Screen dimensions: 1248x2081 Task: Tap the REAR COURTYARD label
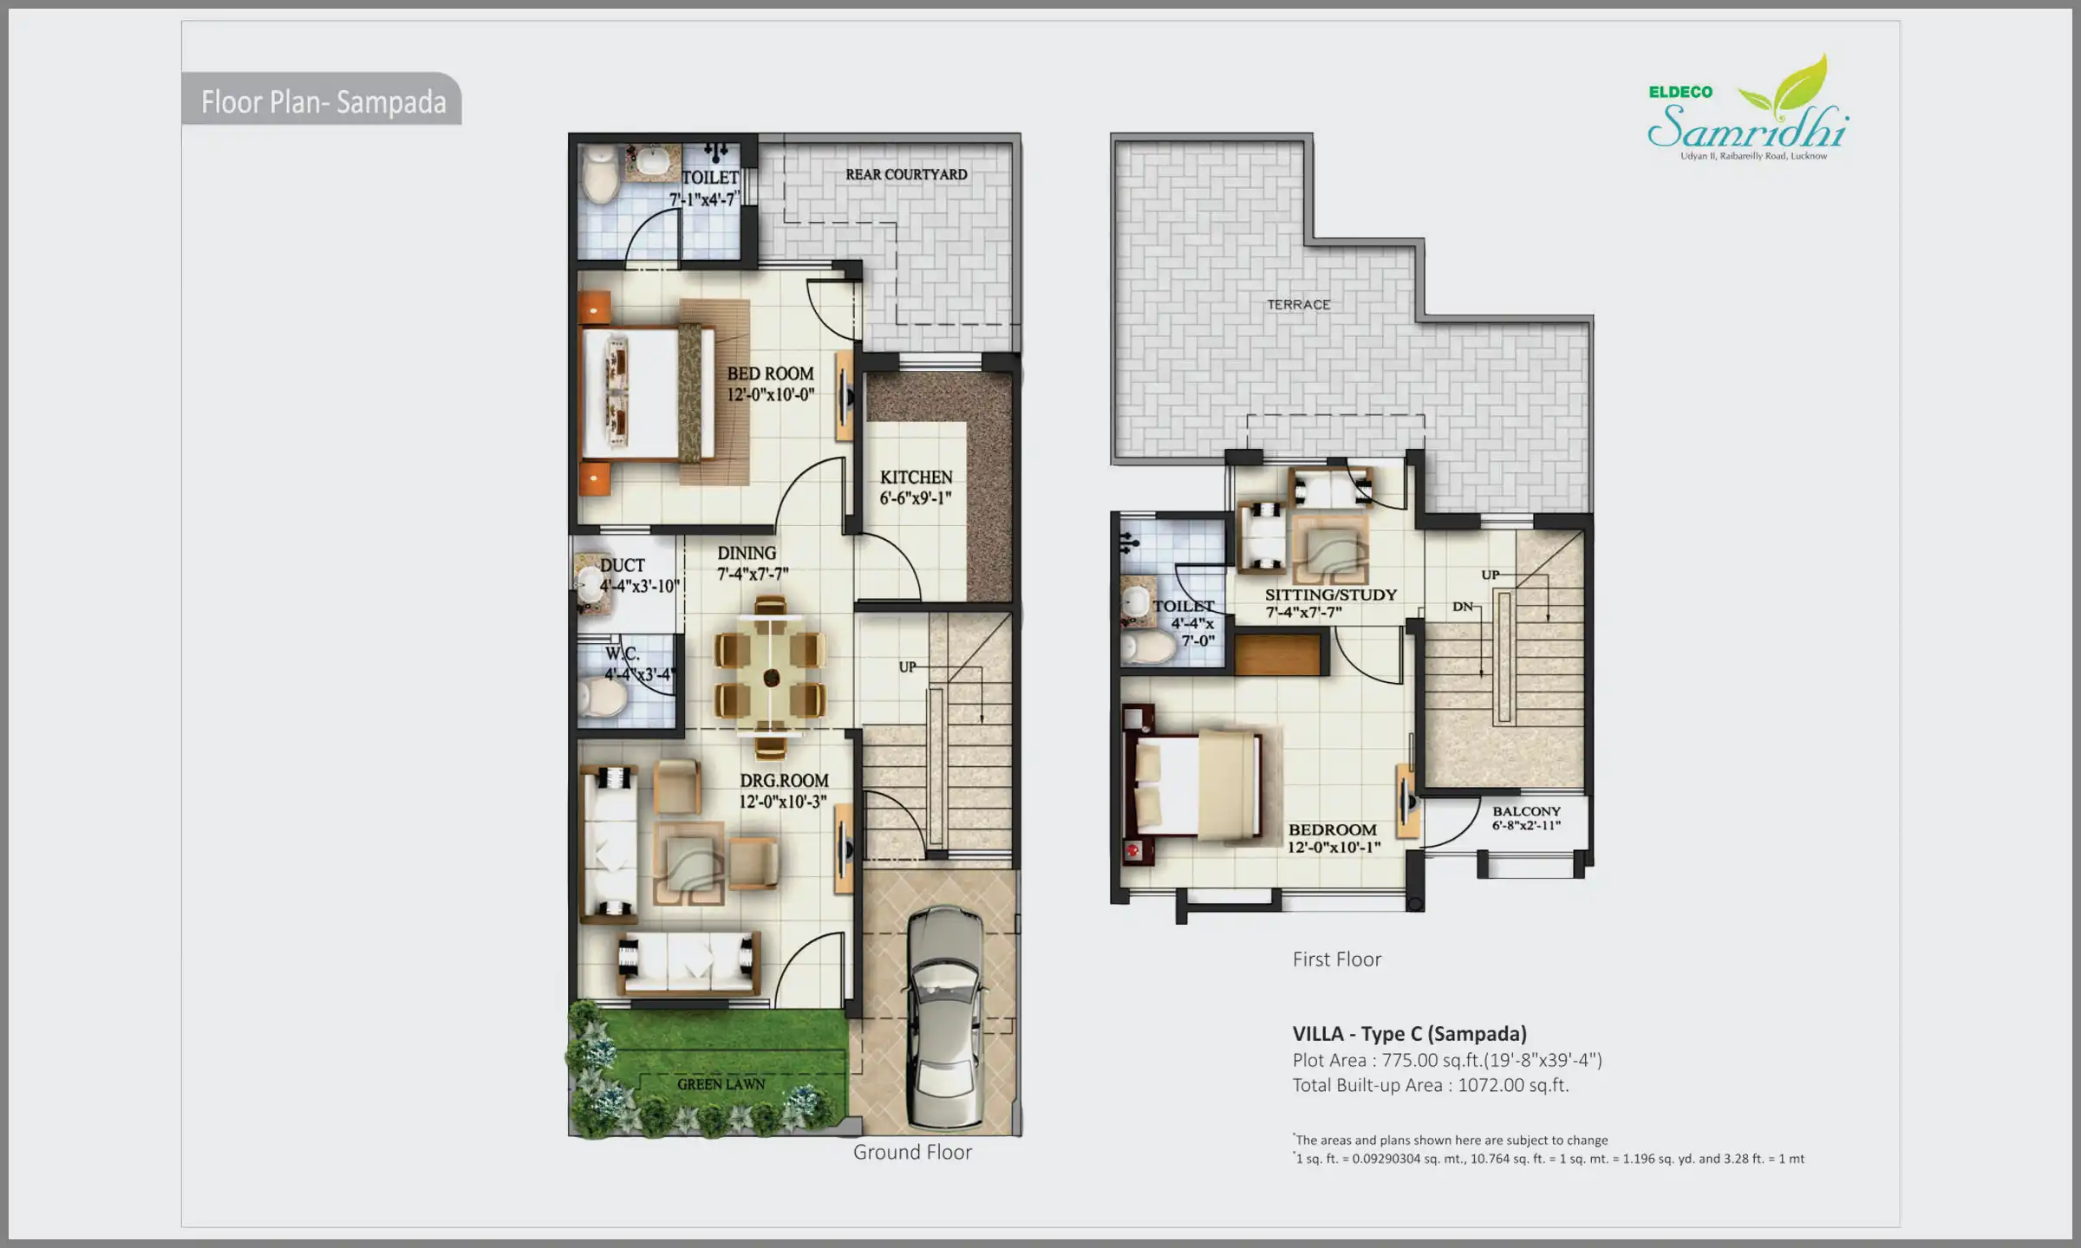(x=906, y=174)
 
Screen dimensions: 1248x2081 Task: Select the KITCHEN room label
(x=916, y=487)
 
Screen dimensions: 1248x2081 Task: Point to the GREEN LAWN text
(x=721, y=1084)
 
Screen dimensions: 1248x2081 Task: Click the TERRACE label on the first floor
(x=1298, y=305)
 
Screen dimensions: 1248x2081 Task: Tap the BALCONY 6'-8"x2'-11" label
(x=1526, y=818)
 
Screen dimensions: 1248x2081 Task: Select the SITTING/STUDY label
(x=1330, y=602)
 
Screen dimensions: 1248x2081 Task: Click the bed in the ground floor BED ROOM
(x=646, y=393)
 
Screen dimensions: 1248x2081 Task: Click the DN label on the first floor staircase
(x=1462, y=607)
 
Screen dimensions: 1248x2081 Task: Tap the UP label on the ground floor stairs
(x=907, y=666)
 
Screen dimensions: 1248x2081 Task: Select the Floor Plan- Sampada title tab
(x=323, y=101)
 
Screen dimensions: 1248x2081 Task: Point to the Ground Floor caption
(x=912, y=1152)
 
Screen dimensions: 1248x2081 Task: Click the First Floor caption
(x=1336, y=959)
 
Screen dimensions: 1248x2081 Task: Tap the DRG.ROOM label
(x=783, y=790)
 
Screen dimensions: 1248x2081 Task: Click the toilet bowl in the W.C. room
(x=603, y=697)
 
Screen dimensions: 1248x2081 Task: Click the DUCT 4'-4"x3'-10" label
(x=637, y=575)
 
